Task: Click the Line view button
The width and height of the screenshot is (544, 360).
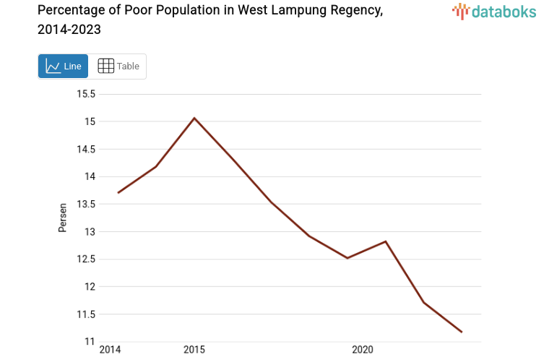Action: click(63, 66)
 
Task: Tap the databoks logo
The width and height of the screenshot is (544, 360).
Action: click(494, 11)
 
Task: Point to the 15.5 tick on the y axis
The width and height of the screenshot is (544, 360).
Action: click(86, 94)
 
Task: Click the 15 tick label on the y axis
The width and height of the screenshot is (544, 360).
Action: click(90, 121)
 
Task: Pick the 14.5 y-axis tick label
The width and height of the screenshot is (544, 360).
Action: click(86, 149)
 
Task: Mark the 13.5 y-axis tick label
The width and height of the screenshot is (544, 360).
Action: click(86, 204)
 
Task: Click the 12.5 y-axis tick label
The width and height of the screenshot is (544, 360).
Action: click(86, 259)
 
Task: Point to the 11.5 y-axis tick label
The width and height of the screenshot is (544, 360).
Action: click(86, 314)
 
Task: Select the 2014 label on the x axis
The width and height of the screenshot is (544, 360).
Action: click(110, 350)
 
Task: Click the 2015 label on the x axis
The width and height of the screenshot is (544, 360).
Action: click(194, 350)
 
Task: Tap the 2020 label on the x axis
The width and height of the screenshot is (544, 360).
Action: click(362, 350)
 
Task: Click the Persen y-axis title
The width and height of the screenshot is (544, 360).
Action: click(63, 217)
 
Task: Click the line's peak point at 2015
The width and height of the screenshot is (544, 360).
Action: click(194, 118)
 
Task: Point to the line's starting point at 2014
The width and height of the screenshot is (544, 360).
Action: click(118, 192)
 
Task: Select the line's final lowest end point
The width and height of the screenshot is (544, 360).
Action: click(462, 332)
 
